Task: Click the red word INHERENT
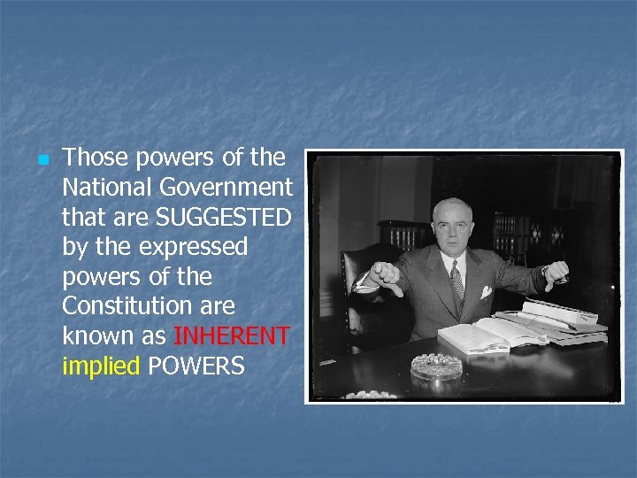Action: (x=232, y=336)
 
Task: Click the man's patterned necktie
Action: (x=457, y=283)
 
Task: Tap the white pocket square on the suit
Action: (x=486, y=291)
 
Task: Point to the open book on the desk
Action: (x=487, y=335)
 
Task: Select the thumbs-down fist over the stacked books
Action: (x=556, y=274)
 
